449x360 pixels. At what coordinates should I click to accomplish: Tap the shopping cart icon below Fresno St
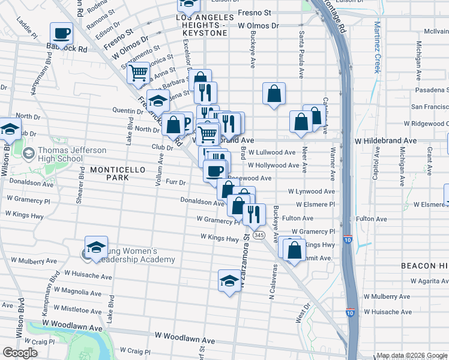coord(139,73)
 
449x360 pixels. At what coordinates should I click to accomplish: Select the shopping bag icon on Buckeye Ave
coord(274,94)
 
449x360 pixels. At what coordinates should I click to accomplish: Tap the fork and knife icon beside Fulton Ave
coord(254,214)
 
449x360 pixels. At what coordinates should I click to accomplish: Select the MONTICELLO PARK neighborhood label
coord(118,174)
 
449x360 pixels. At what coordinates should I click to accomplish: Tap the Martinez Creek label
coord(376,47)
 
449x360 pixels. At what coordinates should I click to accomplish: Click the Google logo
coord(20,353)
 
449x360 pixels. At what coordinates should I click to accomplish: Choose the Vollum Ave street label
coord(160,170)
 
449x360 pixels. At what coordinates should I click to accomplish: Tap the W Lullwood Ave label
coord(272,153)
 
